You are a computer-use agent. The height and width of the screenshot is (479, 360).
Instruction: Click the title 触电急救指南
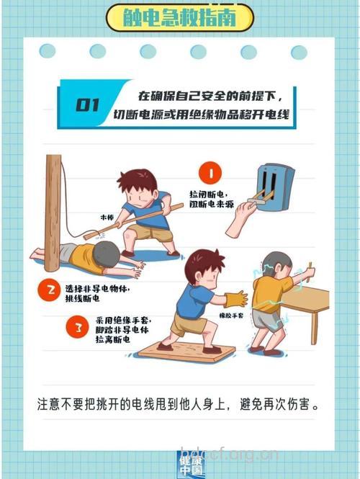coord(179,17)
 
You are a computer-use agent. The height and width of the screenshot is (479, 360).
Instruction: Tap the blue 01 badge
coord(86,105)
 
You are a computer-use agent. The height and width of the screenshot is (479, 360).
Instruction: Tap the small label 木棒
coord(107,215)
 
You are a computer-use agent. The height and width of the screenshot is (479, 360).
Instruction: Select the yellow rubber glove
coord(236,298)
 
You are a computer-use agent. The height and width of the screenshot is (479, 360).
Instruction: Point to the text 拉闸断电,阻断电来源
coord(211,199)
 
